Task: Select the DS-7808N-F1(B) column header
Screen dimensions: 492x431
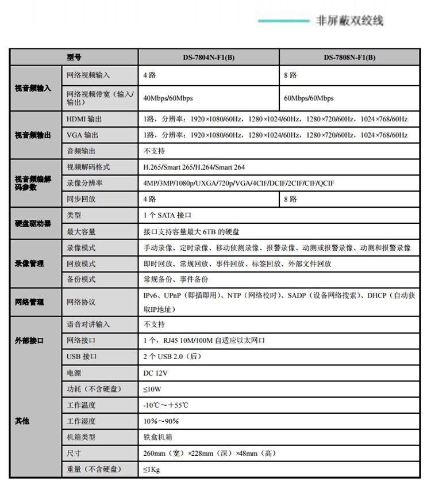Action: click(349, 58)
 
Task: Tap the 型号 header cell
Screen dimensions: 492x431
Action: click(74, 58)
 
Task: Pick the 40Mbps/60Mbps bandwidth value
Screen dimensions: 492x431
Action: click(168, 98)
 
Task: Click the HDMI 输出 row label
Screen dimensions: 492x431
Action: click(84, 119)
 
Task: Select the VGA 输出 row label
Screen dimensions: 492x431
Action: click(82, 135)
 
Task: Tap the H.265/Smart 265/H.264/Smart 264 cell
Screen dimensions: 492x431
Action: click(194, 167)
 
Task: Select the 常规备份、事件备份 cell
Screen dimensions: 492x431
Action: click(176, 279)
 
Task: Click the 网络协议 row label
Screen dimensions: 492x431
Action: click(81, 302)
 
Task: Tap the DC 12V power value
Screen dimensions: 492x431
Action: click(155, 373)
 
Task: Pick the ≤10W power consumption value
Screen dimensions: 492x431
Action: click(152, 389)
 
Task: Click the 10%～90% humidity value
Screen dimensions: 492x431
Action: click(161, 421)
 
